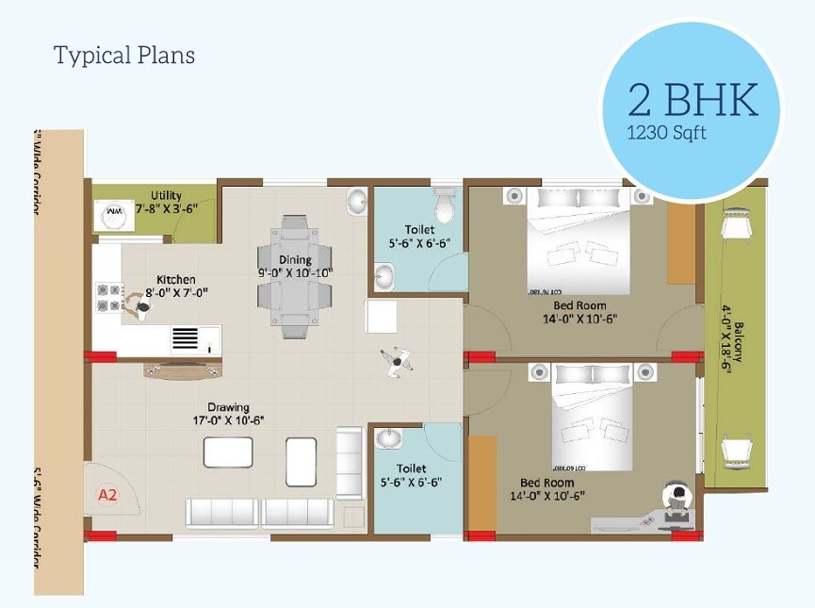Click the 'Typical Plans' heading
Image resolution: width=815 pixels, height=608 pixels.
[x=124, y=56]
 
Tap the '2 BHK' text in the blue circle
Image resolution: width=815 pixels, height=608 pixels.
[x=693, y=99]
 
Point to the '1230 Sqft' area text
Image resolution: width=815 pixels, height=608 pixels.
[x=666, y=133]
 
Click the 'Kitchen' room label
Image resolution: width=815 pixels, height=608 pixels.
[x=176, y=279]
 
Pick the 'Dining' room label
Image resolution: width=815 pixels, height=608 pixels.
[x=295, y=260]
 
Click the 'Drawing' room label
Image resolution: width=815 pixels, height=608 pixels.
[x=228, y=407]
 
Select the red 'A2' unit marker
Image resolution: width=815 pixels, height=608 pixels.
[x=106, y=492]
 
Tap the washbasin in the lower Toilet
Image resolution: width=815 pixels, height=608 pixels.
[x=388, y=438]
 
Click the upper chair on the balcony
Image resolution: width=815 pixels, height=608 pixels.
[x=735, y=223]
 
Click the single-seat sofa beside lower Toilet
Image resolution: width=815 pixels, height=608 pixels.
[x=349, y=462]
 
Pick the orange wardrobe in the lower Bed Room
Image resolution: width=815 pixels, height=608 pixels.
[x=481, y=483]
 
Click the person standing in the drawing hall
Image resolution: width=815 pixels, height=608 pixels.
[x=397, y=361]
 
